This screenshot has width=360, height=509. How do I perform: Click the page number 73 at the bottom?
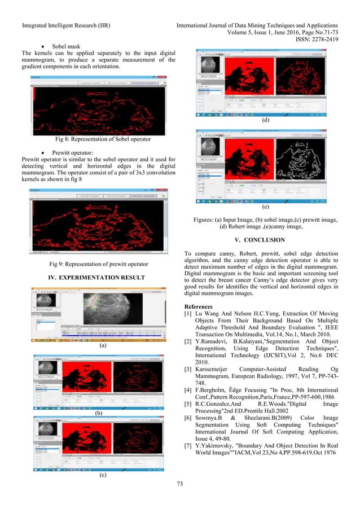[x=180, y=499]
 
